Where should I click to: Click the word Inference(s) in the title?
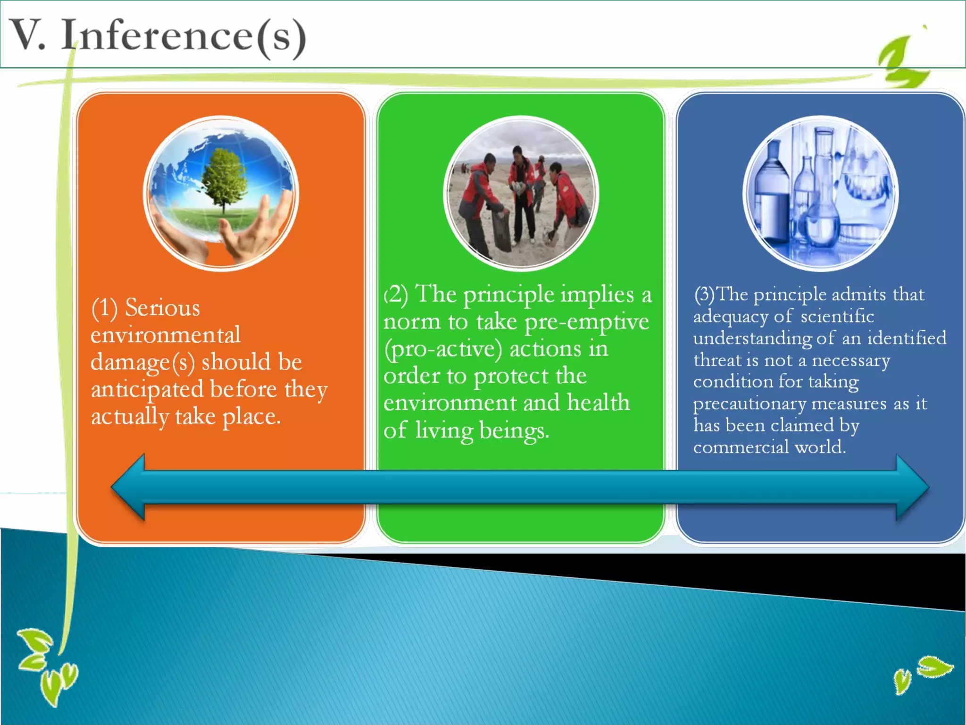coord(184,36)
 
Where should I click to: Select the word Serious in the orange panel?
coord(162,308)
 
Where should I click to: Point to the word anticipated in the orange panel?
coord(147,390)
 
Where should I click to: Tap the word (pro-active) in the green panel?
coord(443,349)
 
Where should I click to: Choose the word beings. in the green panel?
coord(514,430)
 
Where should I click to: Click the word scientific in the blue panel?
coord(837,316)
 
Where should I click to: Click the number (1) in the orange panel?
coord(104,308)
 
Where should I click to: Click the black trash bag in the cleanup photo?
coord(501,231)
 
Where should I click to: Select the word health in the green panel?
coord(598,403)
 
